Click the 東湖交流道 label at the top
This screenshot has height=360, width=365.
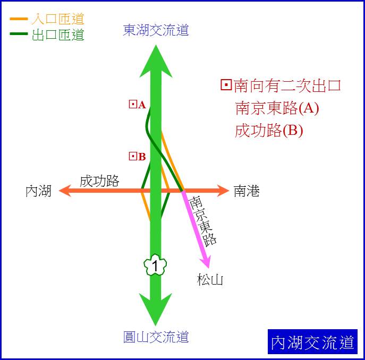point(156,30)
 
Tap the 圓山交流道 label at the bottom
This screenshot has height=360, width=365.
point(156,337)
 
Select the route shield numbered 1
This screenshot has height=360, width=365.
point(155,265)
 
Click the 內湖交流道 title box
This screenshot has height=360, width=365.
point(312,341)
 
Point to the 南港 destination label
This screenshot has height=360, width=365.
point(247,191)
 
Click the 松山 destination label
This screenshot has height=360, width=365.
point(210,279)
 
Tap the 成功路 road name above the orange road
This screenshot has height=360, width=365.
point(99,181)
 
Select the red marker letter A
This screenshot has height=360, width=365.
point(142,105)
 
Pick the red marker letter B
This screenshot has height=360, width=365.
point(142,157)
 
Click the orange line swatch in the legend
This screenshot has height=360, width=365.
point(19,19)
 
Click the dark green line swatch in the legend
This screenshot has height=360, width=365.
point(19,34)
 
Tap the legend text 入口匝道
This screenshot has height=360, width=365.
point(58,19)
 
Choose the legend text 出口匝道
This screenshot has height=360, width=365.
point(58,35)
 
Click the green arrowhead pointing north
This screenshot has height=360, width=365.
point(156,61)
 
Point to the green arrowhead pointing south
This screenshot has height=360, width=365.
point(156,310)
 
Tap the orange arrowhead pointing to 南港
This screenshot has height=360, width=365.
point(223,191)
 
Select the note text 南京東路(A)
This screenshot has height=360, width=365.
point(277,108)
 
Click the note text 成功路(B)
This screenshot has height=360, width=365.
point(269,131)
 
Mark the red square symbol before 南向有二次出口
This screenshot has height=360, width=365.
point(226,85)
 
